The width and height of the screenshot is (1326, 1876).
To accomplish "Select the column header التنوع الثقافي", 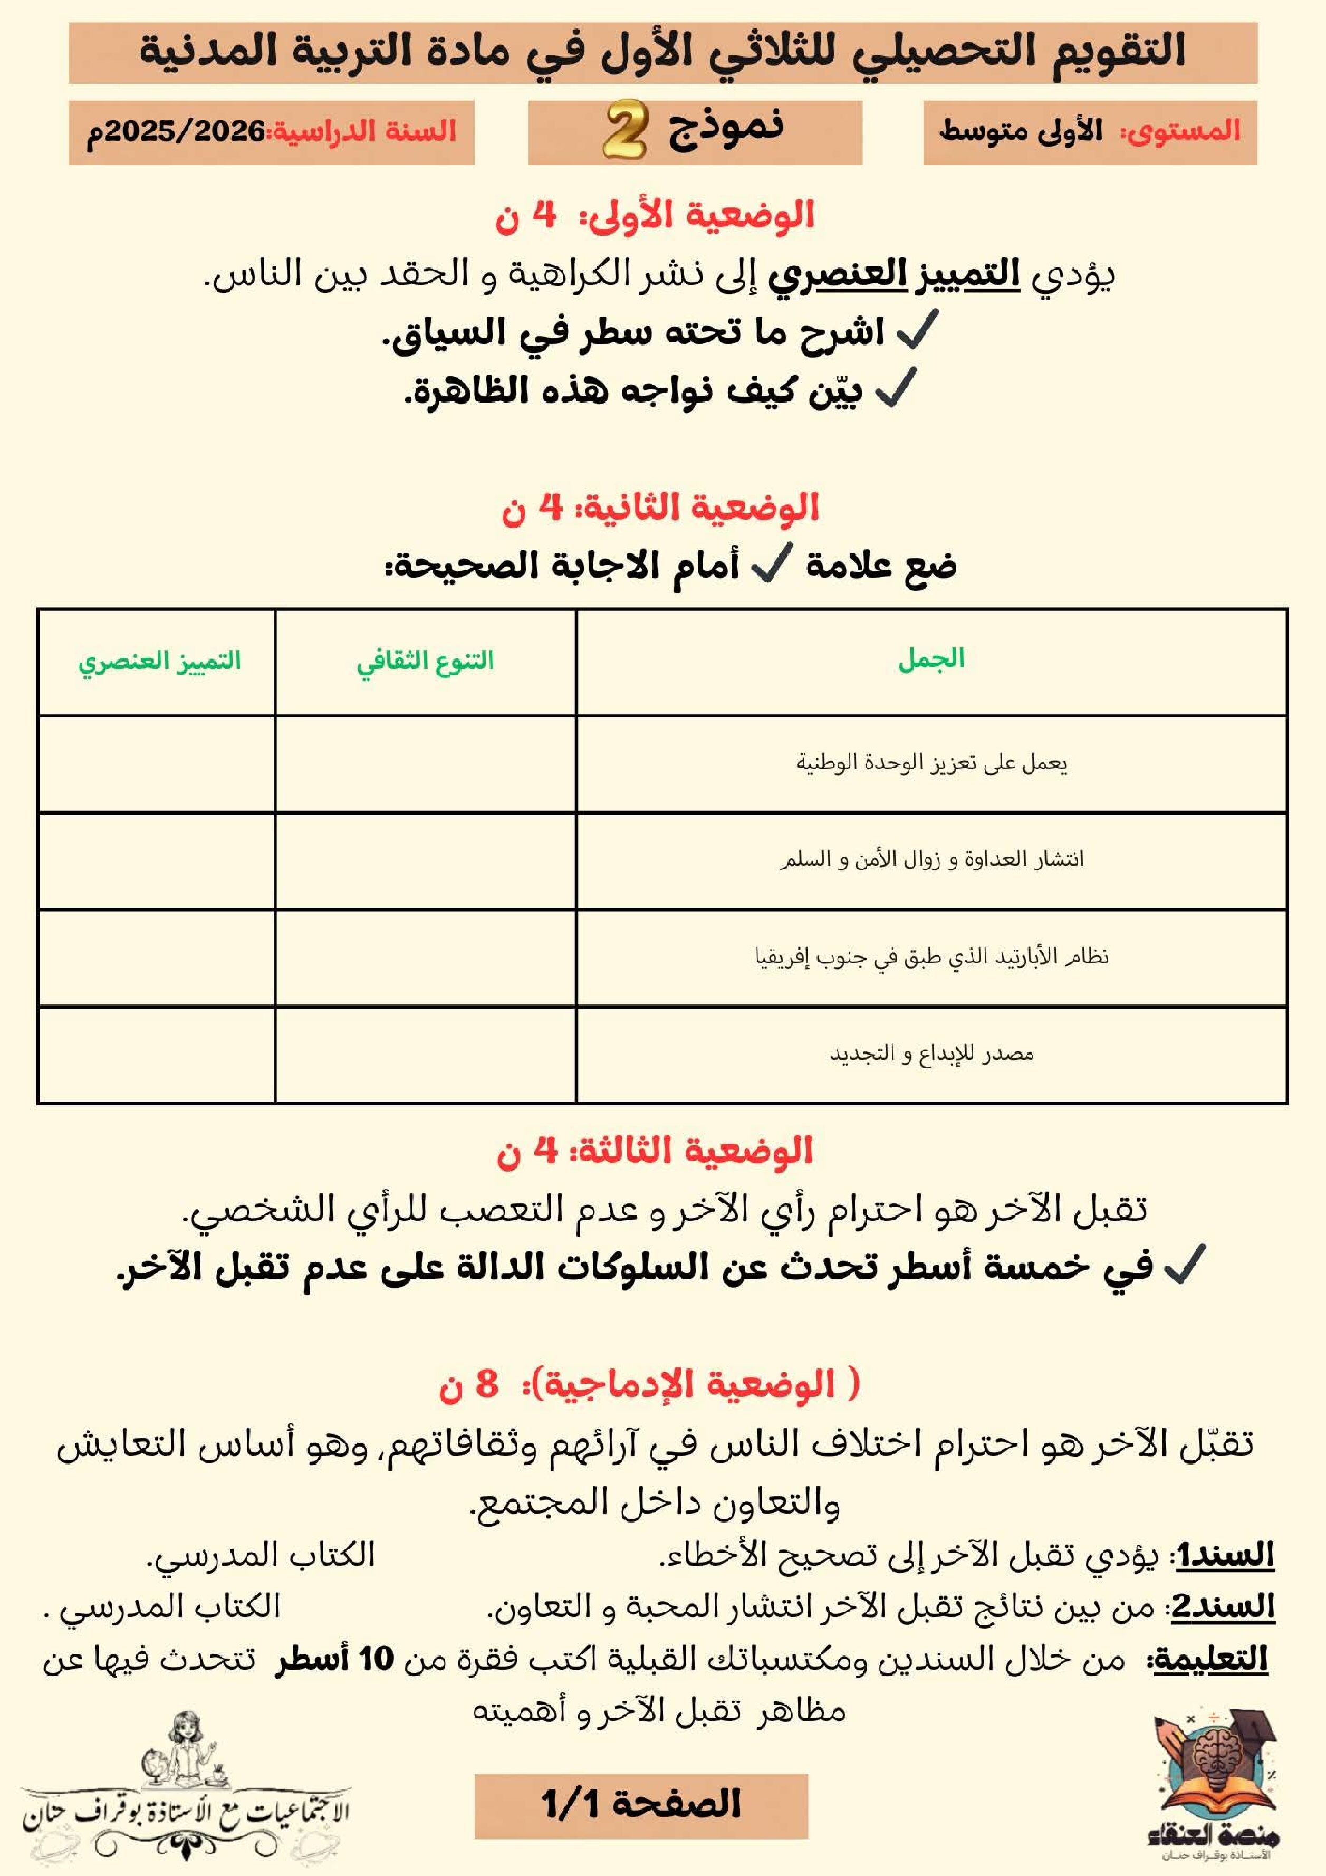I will pyautogui.click(x=425, y=660).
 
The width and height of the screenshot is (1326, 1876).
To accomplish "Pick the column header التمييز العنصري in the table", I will pyautogui.click(x=159, y=660).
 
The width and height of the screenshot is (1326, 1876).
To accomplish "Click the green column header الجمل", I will pyautogui.click(x=931, y=658).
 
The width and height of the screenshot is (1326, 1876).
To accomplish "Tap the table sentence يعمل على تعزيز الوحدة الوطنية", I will pyautogui.click(x=931, y=763).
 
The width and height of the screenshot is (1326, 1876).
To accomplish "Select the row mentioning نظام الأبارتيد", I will pyautogui.click(x=931, y=956).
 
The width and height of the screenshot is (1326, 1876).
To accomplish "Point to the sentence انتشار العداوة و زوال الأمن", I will pyautogui.click(x=931, y=859).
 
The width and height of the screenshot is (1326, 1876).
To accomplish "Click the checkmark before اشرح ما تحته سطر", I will pyautogui.click(x=917, y=331).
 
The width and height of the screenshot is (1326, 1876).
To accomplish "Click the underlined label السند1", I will pyautogui.click(x=1223, y=1555).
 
